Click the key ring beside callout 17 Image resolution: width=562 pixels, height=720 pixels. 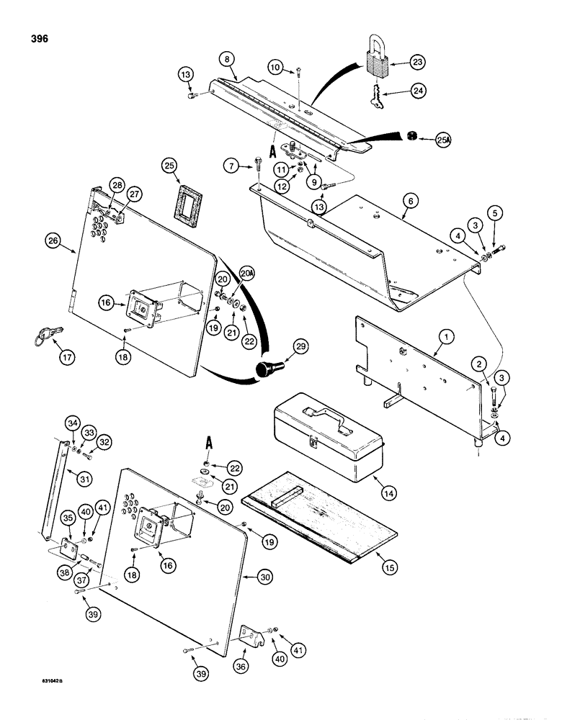pyautogui.click(x=43, y=336)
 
